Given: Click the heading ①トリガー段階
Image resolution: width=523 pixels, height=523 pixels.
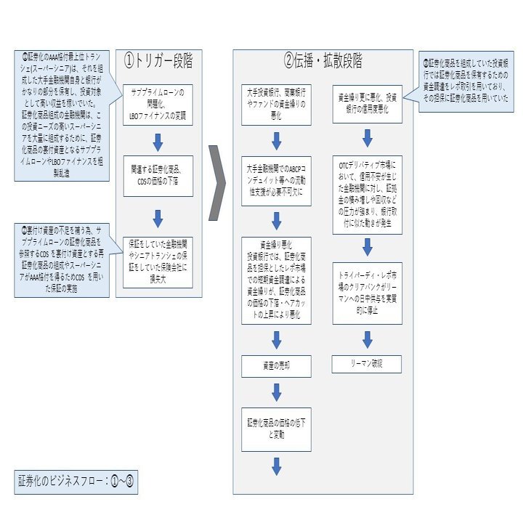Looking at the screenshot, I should (x=158, y=62).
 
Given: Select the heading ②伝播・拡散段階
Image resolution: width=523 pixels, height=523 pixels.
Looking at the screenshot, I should (x=323, y=60).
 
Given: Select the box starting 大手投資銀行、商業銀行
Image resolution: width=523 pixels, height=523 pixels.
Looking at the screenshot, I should (x=276, y=104).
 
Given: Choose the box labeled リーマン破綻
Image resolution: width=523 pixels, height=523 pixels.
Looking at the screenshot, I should (x=367, y=364).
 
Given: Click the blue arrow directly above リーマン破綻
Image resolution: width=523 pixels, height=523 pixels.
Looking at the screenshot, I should (x=367, y=338).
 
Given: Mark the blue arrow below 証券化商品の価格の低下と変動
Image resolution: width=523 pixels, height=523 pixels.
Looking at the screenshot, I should (x=276, y=466).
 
